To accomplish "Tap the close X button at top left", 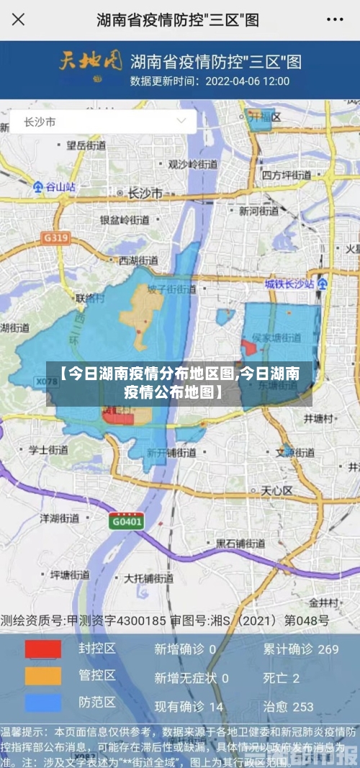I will [x=18, y=20].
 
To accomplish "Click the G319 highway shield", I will [x=55, y=237].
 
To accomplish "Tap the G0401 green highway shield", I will [x=127, y=521].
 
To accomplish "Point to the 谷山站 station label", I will [x=55, y=186].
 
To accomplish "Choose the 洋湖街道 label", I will [x=59, y=518].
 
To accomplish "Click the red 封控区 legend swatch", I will [x=43, y=649].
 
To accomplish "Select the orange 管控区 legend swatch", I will [x=43, y=676].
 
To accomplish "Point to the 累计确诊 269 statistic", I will [x=300, y=649].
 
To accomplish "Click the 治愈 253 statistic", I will [x=288, y=707].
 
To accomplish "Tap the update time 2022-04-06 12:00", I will [x=247, y=81].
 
